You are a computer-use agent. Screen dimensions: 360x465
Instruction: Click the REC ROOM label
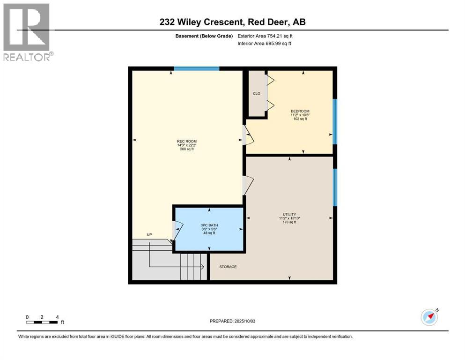pyautogui.click(x=186, y=141)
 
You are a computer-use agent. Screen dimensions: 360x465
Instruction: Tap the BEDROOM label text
pyautogui.click(x=300, y=111)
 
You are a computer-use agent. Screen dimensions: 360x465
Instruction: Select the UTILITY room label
pyautogui.click(x=289, y=214)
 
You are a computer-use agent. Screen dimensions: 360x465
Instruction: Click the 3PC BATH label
pyautogui.click(x=209, y=225)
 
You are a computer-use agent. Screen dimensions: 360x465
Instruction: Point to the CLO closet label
pyautogui.click(x=257, y=93)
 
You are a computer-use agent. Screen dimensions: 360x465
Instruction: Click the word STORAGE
pyautogui.click(x=228, y=267)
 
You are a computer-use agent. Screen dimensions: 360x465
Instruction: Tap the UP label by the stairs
pyautogui.click(x=149, y=234)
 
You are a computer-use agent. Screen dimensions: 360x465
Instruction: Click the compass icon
pyautogui.click(x=429, y=317)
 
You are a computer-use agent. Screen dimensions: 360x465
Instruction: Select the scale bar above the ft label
pyautogui.click(x=42, y=322)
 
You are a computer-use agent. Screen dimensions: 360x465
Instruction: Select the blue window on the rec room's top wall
pyautogui.click(x=197, y=68)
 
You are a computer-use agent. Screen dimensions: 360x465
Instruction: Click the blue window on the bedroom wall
pyautogui.click(x=334, y=121)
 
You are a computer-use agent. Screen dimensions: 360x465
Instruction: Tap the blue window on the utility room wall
pyautogui.click(x=334, y=187)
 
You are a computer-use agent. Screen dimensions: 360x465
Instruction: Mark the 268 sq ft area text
pyautogui.click(x=186, y=150)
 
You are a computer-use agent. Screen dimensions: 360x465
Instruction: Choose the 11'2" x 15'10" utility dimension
pyautogui.click(x=289, y=218)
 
